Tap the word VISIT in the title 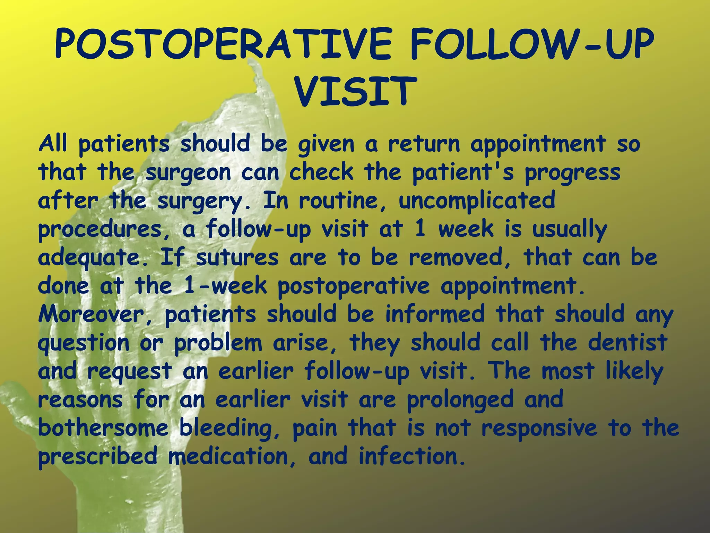(x=355, y=92)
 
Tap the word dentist (x=627, y=342)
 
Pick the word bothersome (x=103, y=428)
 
